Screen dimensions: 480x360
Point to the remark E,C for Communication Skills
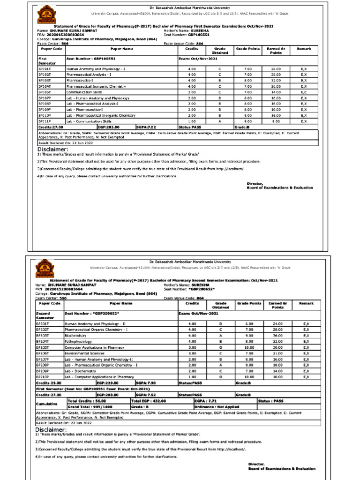coord(304,92)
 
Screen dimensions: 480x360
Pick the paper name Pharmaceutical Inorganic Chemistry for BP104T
coord(93,86)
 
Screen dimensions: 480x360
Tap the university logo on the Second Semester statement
coord(42,269)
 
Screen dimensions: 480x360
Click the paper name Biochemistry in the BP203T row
coord(76,336)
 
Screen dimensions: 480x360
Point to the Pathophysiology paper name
coord(78,342)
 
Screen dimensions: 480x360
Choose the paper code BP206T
coord(43,353)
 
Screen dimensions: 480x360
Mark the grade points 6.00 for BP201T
coord(248,324)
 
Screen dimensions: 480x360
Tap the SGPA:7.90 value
coord(146,383)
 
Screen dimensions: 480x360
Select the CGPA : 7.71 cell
coord(205,401)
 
